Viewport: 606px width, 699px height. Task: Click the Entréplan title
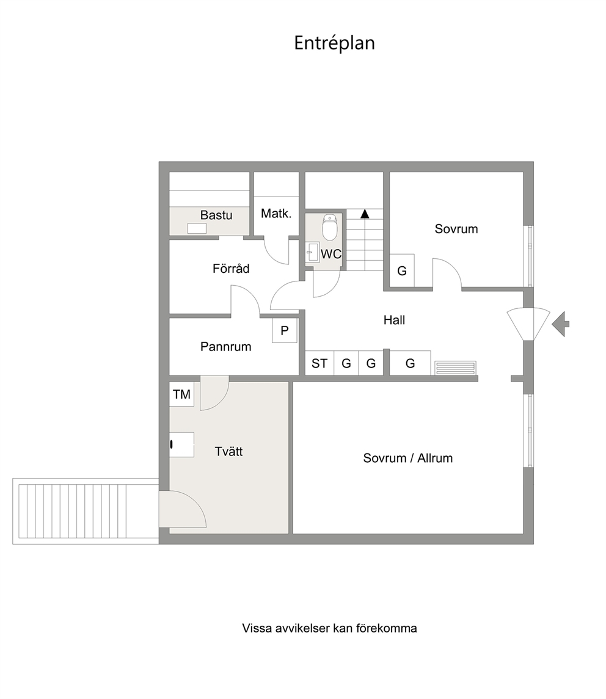(x=334, y=43)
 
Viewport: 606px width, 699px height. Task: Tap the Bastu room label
(x=216, y=215)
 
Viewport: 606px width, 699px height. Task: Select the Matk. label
(x=276, y=214)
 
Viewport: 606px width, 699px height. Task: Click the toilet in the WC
(x=330, y=227)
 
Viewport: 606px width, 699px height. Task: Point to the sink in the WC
(x=312, y=252)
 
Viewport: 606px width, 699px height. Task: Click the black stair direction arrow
(x=365, y=214)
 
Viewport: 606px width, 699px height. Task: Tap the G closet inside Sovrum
(x=401, y=270)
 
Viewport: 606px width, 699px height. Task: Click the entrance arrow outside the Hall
(x=560, y=324)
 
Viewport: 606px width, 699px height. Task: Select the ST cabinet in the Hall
(x=319, y=363)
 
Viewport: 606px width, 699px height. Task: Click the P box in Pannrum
(x=285, y=330)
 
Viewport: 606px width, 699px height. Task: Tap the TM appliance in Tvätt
(x=181, y=394)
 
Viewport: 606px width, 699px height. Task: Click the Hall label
(x=394, y=320)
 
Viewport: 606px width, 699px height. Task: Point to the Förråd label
(x=231, y=269)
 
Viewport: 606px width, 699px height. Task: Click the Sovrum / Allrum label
(x=408, y=458)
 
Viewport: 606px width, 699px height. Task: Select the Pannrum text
(x=225, y=346)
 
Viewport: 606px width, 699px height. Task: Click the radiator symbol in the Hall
(x=456, y=368)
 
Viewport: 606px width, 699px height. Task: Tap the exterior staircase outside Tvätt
(x=86, y=511)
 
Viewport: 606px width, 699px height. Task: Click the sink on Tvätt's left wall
(x=181, y=444)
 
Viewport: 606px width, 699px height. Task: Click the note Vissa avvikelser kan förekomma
(x=329, y=628)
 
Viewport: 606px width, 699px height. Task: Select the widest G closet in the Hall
(x=410, y=363)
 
